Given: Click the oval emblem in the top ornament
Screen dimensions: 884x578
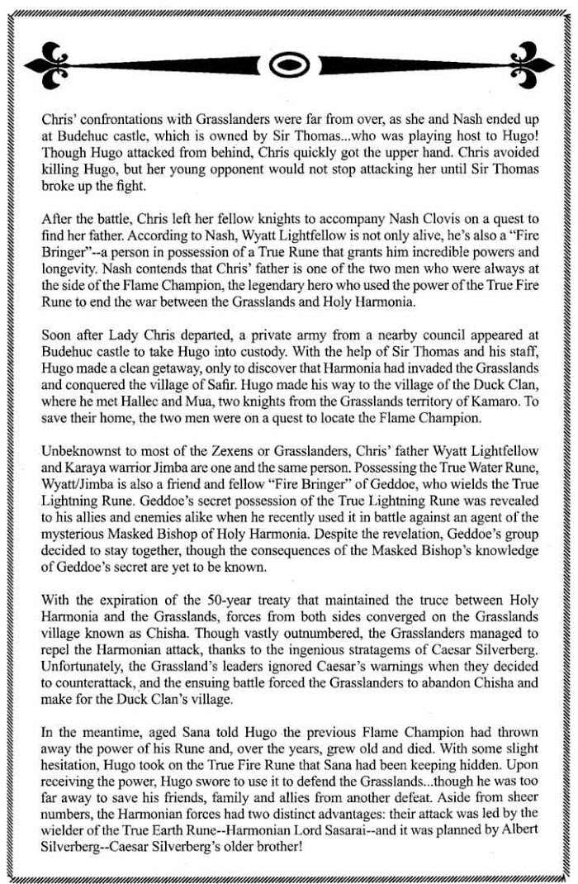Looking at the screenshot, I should click(289, 63).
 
